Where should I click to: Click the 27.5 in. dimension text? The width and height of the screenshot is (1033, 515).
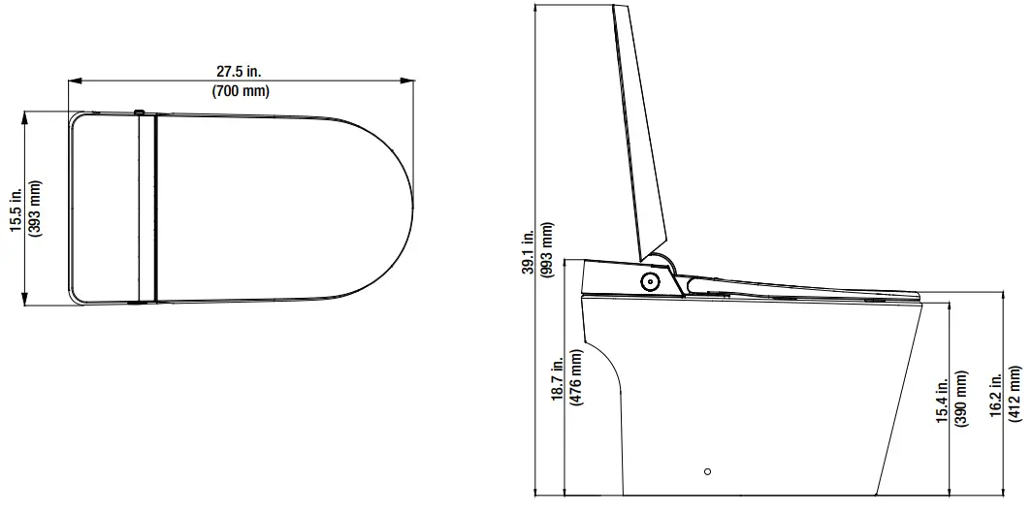(241, 72)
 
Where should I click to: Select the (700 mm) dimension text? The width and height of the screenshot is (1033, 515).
(241, 91)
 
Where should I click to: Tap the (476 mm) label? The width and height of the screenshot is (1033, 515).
(577, 382)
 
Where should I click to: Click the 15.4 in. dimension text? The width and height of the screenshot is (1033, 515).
(942, 400)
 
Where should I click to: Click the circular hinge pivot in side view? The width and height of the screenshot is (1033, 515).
(649, 281)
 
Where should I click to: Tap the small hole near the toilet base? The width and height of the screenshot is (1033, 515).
(707, 471)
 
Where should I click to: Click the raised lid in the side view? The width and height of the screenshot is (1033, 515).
(640, 136)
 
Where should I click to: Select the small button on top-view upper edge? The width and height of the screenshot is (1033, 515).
(139, 112)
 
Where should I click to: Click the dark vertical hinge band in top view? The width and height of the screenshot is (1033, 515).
(146, 207)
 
